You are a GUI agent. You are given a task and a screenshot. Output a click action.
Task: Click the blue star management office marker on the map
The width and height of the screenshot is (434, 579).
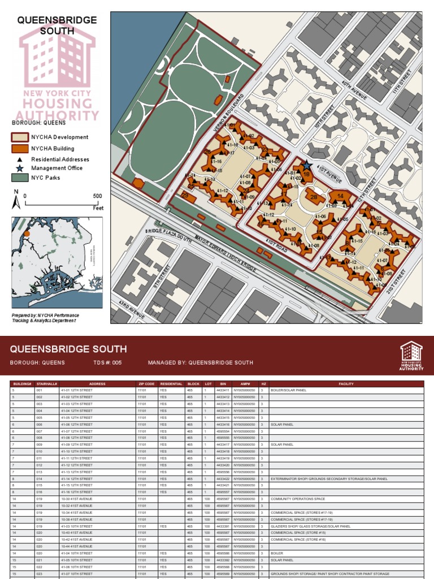[306, 166]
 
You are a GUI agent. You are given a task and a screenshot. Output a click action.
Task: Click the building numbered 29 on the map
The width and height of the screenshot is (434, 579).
[186, 196]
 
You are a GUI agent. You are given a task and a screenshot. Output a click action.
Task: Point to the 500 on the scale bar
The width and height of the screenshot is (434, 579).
[97, 196]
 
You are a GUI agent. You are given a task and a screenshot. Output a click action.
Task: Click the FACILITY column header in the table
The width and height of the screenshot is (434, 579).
[346, 384]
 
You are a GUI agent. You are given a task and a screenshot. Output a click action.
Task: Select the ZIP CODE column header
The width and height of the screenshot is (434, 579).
[145, 384]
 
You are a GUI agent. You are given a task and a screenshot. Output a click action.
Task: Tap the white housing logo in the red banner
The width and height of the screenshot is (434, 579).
[411, 355]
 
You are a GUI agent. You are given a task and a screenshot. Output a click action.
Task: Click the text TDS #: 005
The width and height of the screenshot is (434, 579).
[107, 362]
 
